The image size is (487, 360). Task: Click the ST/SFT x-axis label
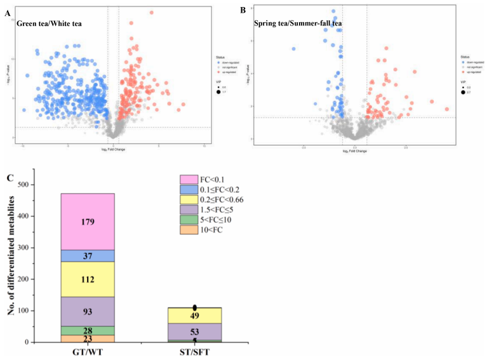[x=195, y=352]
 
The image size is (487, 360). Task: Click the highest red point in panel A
[x=151, y=12]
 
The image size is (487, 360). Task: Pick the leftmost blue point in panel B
[x=293, y=48]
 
